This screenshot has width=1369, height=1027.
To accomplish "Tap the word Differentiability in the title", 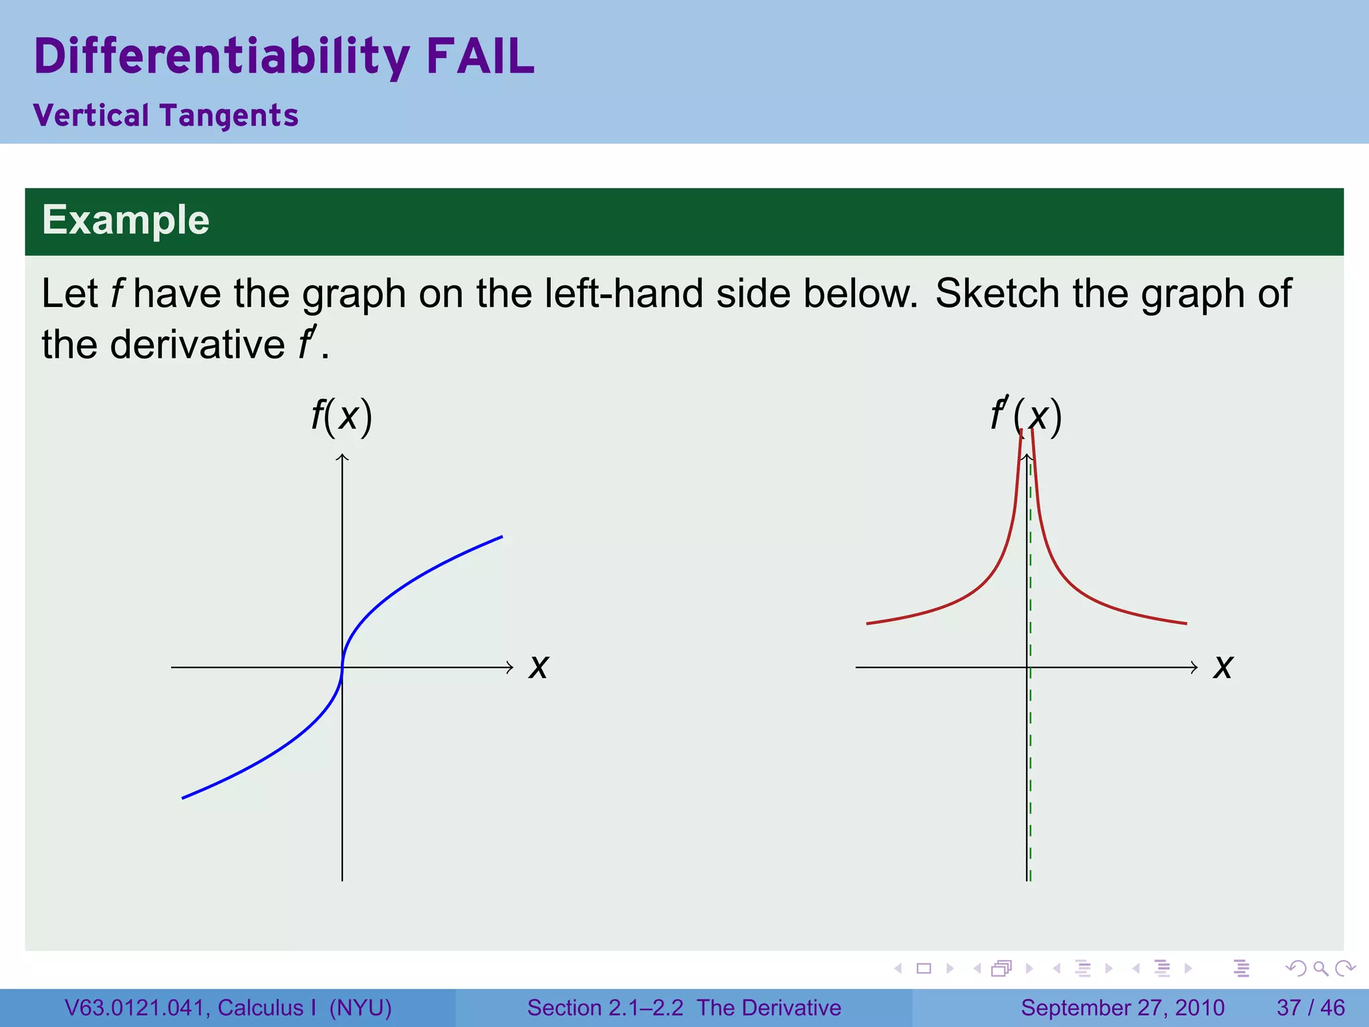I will tap(221, 58).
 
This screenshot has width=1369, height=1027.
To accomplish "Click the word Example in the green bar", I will tap(126, 220).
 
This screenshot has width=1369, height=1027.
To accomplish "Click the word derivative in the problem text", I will tap(197, 345).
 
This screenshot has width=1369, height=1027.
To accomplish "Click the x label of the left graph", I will tap(538, 667).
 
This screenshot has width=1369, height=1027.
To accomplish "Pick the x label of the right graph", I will tap(1223, 667).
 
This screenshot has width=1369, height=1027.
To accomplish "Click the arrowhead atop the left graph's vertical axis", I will tap(342, 457).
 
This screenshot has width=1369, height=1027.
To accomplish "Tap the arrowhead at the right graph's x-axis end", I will tap(1195, 667).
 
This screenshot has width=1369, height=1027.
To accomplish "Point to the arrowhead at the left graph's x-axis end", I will tap(510, 667).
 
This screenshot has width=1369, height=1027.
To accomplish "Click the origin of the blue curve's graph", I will tap(342, 667).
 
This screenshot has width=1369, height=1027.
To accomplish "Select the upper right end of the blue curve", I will tap(501, 537).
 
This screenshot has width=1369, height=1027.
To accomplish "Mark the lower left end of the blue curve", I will tap(183, 798).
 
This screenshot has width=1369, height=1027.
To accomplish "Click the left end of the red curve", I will tap(868, 623).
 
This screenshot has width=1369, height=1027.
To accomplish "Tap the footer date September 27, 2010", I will tap(1122, 1008).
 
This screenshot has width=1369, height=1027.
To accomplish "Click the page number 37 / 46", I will tap(1310, 1008).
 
